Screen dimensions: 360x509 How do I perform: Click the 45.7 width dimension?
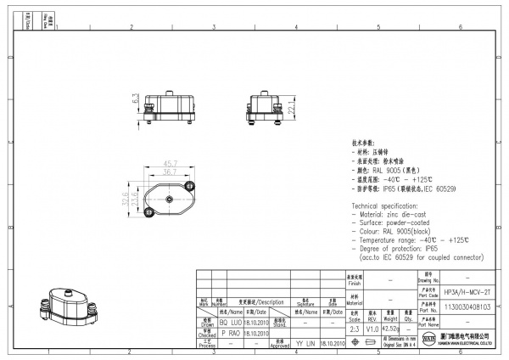point(170,163)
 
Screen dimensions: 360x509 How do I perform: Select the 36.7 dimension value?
point(170,171)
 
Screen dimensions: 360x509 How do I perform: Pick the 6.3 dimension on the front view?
point(135,100)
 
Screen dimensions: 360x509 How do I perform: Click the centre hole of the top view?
point(170,200)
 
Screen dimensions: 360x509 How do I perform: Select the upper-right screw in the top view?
point(187,184)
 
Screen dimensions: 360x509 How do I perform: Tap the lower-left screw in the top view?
point(152,215)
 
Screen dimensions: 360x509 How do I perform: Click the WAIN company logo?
point(428,340)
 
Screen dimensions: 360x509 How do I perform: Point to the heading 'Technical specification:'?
point(389,205)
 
